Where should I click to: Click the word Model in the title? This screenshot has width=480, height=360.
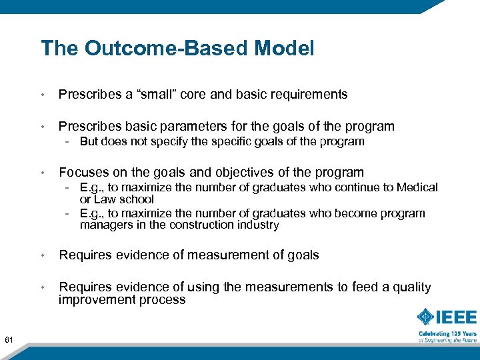(282, 48)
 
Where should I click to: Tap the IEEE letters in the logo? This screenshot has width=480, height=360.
(458, 317)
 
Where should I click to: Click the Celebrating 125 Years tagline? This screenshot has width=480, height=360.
(448, 333)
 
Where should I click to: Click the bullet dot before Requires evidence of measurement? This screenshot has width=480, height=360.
(43, 255)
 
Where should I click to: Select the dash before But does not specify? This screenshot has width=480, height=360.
(69, 141)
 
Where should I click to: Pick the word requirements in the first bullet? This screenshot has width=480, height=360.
(307, 94)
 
